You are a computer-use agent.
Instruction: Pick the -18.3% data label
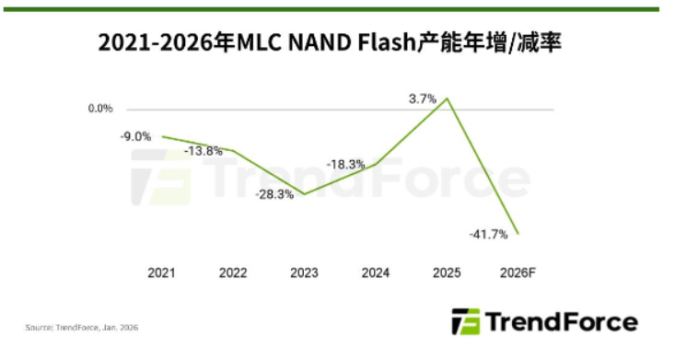(x=344, y=163)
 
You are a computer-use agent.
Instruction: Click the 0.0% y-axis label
(x=100, y=109)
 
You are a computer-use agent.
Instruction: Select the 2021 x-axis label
(x=162, y=273)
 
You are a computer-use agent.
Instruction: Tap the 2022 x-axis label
(x=233, y=273)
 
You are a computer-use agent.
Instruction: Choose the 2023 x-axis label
(x=305, y=273)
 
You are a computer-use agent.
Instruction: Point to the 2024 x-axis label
(x=376, y=273)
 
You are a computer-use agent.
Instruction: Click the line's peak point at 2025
(x=448, y=98)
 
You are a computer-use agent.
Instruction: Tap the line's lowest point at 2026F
(x=518, y=234)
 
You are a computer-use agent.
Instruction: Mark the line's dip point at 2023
(x=305, y=194)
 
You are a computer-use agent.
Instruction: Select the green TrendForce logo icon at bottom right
(x=465, y=322)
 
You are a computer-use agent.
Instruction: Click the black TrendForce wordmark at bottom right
(x=561, y=322)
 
